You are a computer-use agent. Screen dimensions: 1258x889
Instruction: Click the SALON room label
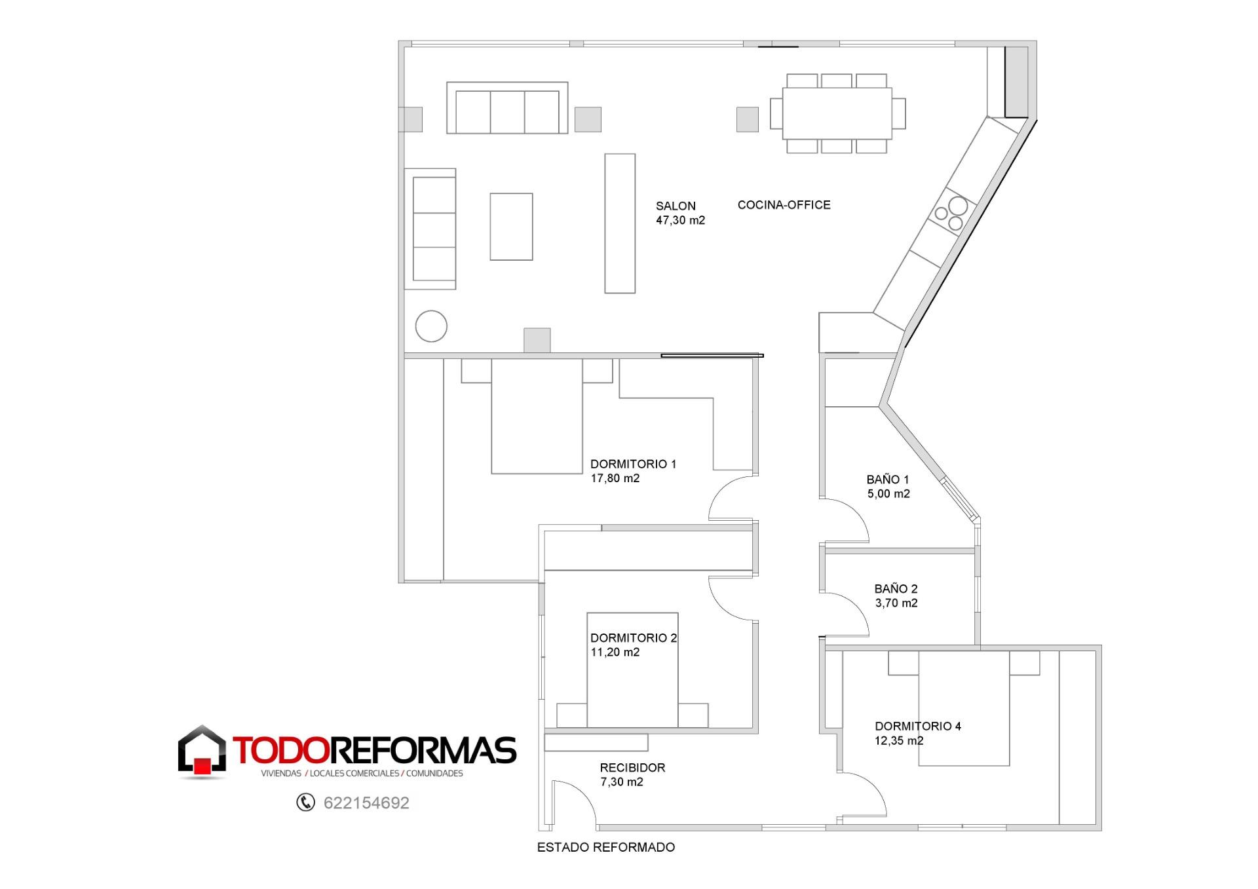[676, 206]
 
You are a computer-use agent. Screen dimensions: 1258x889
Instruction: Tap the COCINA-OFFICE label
[784, 205]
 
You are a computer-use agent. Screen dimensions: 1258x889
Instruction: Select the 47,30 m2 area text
[680, 220]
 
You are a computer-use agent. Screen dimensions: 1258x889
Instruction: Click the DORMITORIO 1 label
[633, 464]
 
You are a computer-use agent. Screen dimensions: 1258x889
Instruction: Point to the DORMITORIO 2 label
[634, 637]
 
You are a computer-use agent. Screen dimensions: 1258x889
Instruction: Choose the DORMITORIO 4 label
[918, 726]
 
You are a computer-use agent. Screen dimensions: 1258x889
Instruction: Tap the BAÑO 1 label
[888, 480]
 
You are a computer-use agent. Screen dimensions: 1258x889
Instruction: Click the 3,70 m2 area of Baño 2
[896, 603]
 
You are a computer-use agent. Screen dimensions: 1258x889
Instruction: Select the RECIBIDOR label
[632, 767]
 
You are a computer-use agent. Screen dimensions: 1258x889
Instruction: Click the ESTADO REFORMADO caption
[606, 847]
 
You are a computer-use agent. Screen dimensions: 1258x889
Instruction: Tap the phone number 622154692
[366, 803]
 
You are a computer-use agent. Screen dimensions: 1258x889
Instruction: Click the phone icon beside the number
[305, 802]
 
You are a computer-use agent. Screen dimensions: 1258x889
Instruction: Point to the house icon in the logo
[202, 751]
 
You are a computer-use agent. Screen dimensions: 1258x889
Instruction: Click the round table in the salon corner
[431, 326]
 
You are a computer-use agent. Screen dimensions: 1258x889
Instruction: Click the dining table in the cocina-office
[837, 113]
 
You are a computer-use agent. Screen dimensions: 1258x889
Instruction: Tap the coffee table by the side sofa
[511, 227]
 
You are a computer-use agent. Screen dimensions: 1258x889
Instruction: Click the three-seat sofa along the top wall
[507, 108]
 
